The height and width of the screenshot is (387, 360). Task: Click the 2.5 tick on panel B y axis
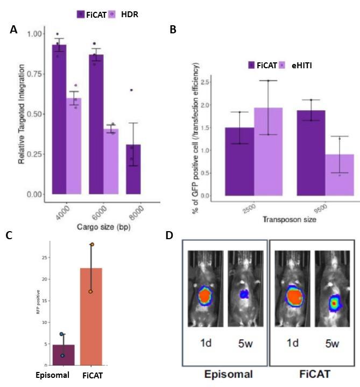point(206,82)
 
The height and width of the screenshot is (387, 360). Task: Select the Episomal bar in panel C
point(63,354)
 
